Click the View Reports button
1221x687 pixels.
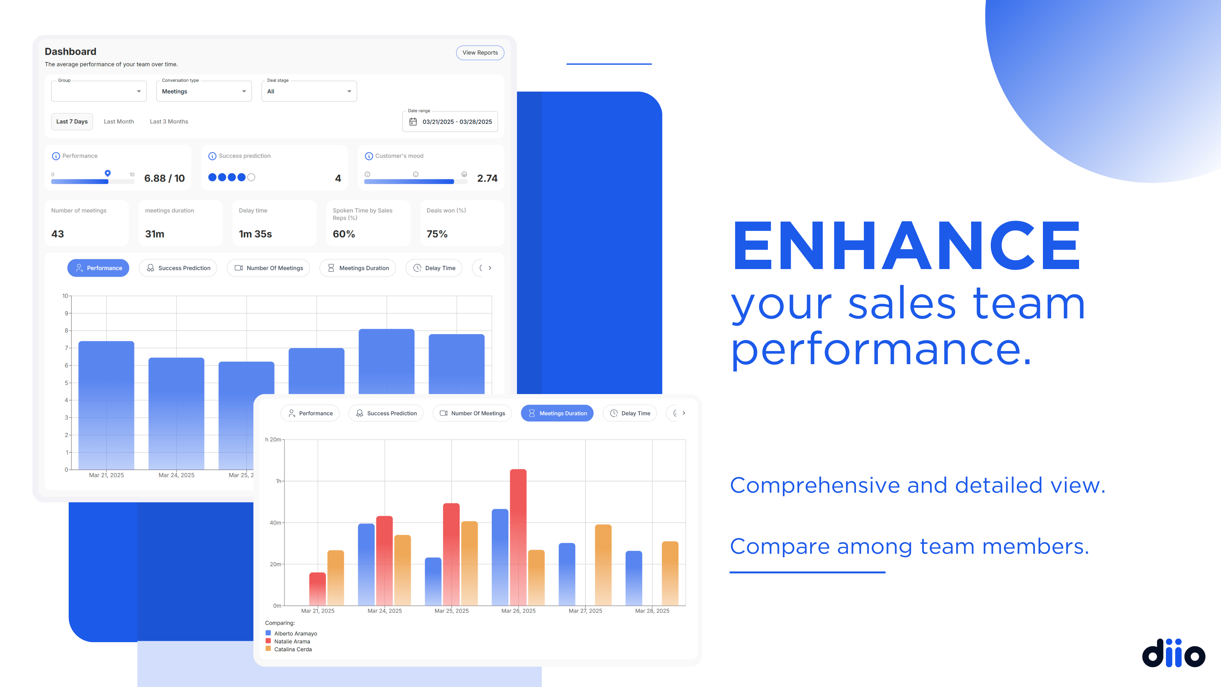(x=480, y=52)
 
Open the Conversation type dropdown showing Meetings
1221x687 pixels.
(x=204, y=91)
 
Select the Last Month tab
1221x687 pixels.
(x=119, y=121)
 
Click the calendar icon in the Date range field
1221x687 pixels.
(x=413, y=122)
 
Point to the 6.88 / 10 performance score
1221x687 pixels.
(x=164, y=178)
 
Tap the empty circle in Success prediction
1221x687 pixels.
(x=251, y=177)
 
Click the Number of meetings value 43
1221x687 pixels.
(x=57, y=234)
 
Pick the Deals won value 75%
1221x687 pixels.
(x=437, y=234)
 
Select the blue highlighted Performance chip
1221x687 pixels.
(x=98, y=268)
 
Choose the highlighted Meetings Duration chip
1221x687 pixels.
(x=557, y=413)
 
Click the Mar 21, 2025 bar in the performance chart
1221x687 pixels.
(x=106, y=406)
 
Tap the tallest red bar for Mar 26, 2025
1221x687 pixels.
(x=518, y=537)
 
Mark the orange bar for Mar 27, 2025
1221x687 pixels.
(x=603, y=565)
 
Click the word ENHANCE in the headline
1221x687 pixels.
(x=906, y=245)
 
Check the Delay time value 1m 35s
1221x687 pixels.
(x=255, y=234)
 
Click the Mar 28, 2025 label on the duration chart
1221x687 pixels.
(x=652, y=611)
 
